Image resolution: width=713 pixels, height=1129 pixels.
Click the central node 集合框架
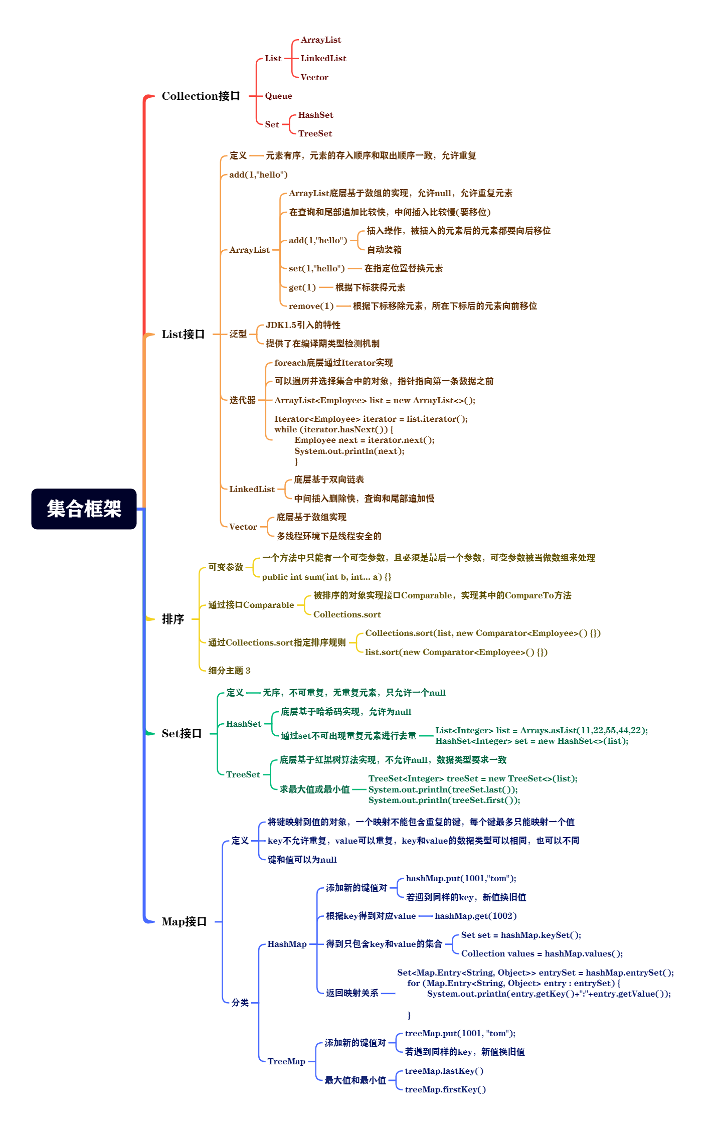tap(84, 509)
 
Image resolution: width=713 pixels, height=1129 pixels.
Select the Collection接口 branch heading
tap(201, 96)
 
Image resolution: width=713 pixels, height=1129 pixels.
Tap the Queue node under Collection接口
tap(278, 96)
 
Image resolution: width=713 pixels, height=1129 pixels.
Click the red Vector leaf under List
tap(314, 77)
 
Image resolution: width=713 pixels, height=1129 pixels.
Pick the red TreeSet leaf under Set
tap(315, 133)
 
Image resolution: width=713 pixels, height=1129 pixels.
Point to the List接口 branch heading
tap(183, 334)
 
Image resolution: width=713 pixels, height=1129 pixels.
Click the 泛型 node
tap(238, 334)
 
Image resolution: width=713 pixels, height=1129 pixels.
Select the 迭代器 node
tap(243, 400)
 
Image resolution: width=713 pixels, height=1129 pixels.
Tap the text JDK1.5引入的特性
tap(303, 325)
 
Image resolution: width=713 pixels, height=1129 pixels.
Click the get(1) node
tap(302, 287)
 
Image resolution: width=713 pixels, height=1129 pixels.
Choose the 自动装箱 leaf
tap(384, 250)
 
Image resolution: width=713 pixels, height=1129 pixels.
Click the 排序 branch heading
tap(173, 619)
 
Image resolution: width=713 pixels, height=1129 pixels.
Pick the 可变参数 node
tap(226, 567)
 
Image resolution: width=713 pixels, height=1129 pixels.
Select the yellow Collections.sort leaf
tap(347, 614)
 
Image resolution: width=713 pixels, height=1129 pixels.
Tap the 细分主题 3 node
tap(229, 671)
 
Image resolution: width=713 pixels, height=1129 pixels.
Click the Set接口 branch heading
tap(182, 733)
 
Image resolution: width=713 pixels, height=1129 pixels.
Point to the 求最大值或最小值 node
tap(314, 789)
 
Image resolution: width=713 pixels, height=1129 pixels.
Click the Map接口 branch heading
tap(184, 921)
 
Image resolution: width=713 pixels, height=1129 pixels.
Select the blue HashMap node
tap(287, 944)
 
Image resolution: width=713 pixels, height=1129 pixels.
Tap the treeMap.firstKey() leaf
tap(445, 1089)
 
